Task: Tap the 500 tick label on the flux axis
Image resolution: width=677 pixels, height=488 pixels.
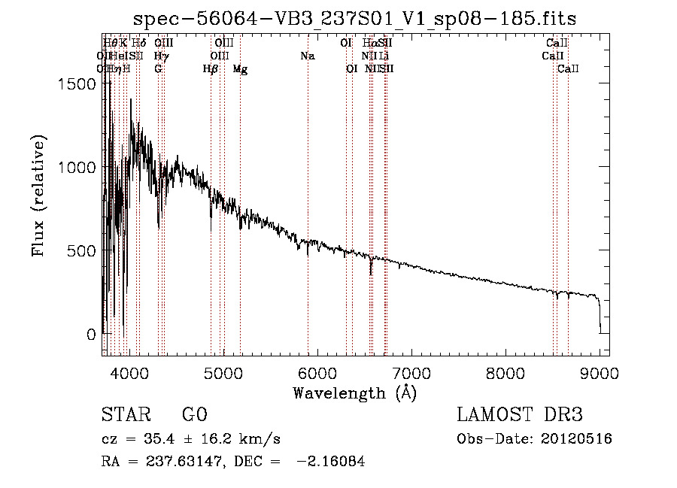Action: [81, 250]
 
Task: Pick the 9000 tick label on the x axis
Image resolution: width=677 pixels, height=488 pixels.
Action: [600, 372]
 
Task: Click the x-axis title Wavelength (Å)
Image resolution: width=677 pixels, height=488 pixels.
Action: [354, 393]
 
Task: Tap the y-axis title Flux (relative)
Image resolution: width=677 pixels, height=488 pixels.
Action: [38, 196]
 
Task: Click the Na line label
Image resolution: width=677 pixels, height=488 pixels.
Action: [307, 56]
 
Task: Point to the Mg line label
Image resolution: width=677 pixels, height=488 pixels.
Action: [240, 69]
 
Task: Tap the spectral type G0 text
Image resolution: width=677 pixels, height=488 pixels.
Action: [194, 416]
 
